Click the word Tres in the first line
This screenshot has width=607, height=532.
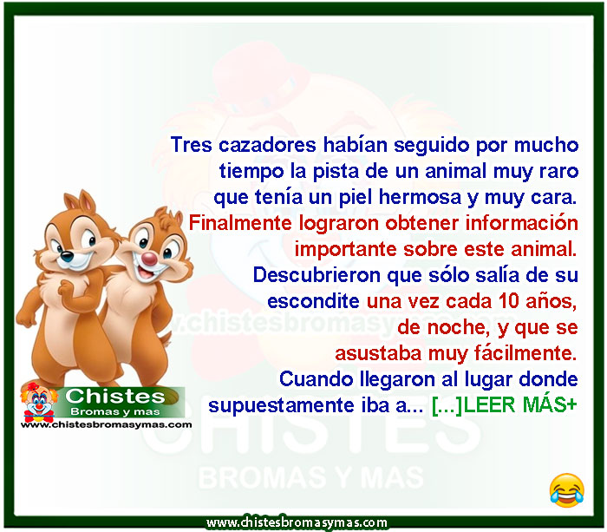coord(192,145)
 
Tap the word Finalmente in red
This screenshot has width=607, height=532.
coord(240,224)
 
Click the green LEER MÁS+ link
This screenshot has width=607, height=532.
coord(520,405)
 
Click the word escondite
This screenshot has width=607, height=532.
coord(313,301)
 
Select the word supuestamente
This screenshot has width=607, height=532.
coord(281,405)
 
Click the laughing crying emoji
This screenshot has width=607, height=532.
coord(567,490)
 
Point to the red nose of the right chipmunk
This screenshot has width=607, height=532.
coord(149,258)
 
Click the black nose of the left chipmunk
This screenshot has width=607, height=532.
coord(67,256)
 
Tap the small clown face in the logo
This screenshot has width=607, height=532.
coord(38,402)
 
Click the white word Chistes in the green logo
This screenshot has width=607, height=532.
coord(115,397)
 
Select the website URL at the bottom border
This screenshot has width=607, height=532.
coord(297,522)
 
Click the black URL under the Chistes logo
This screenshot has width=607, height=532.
coord(106,424)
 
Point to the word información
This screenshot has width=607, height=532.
coord(521,224)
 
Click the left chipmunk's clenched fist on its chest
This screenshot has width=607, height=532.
coord(66,289)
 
